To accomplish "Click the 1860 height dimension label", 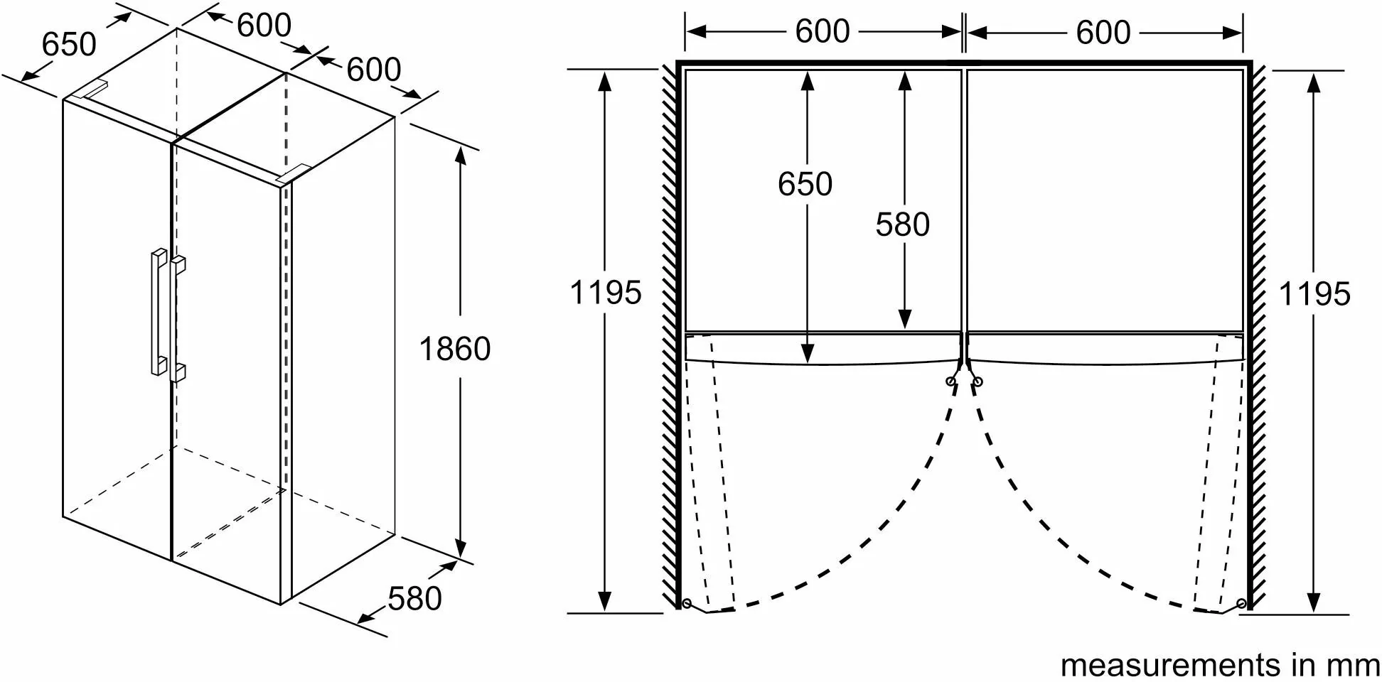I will coord(455,349).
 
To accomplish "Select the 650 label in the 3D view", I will coord(69,44).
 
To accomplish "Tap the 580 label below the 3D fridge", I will coord(414,598).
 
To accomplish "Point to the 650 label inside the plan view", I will coord(805,184).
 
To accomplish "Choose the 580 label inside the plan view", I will coord(902,224).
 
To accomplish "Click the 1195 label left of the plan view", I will coord(606,292).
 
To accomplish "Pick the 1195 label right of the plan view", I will coord(1314,293).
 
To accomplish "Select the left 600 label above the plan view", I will coord(823,31).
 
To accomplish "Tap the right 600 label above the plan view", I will coord(1103,32).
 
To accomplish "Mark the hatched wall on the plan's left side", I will coord(669,334).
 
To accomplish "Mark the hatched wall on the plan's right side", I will coord(1258,334).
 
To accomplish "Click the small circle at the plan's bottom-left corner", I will coord(686,603).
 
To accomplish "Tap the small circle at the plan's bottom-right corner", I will coord(1241,603).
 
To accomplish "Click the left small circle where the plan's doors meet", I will coord(950,381).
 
